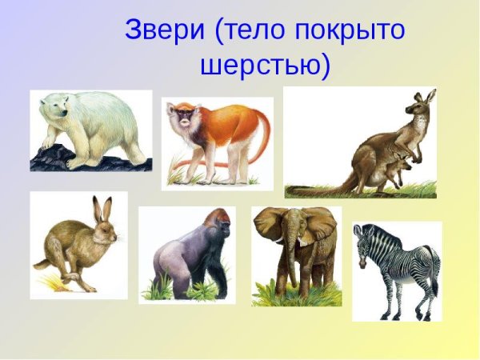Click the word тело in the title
pyautogui.click(x=254, y=31)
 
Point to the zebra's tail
pyautogui.click(x=435, y=272)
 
